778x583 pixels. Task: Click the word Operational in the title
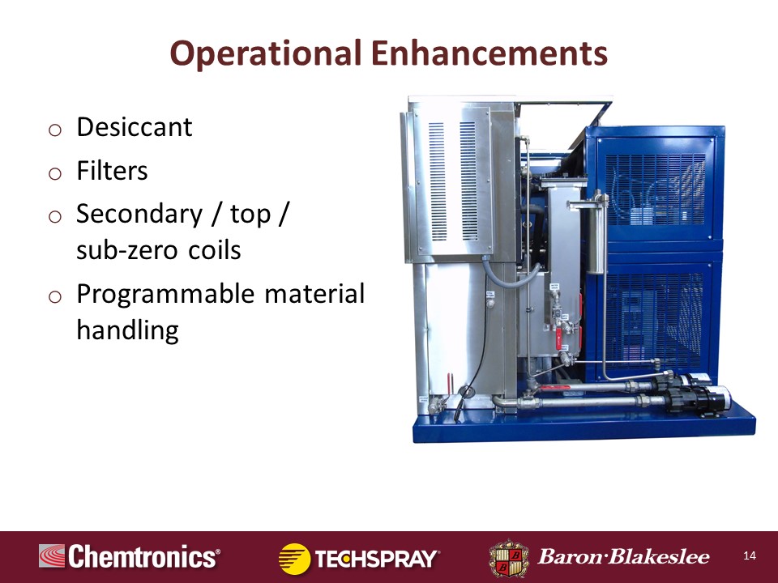[x=267, y=54]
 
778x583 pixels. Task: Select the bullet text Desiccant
[x=134, y=127]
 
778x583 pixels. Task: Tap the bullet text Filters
[x=112, y=171]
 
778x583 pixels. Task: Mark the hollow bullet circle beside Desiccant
[x=54, y=130]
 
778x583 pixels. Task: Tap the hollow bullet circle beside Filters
[x=54, y=173]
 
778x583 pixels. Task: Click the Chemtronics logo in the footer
[x=130, y=557]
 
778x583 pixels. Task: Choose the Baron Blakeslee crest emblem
[x=508, y=557]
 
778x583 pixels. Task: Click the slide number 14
[x=749, y=555]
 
